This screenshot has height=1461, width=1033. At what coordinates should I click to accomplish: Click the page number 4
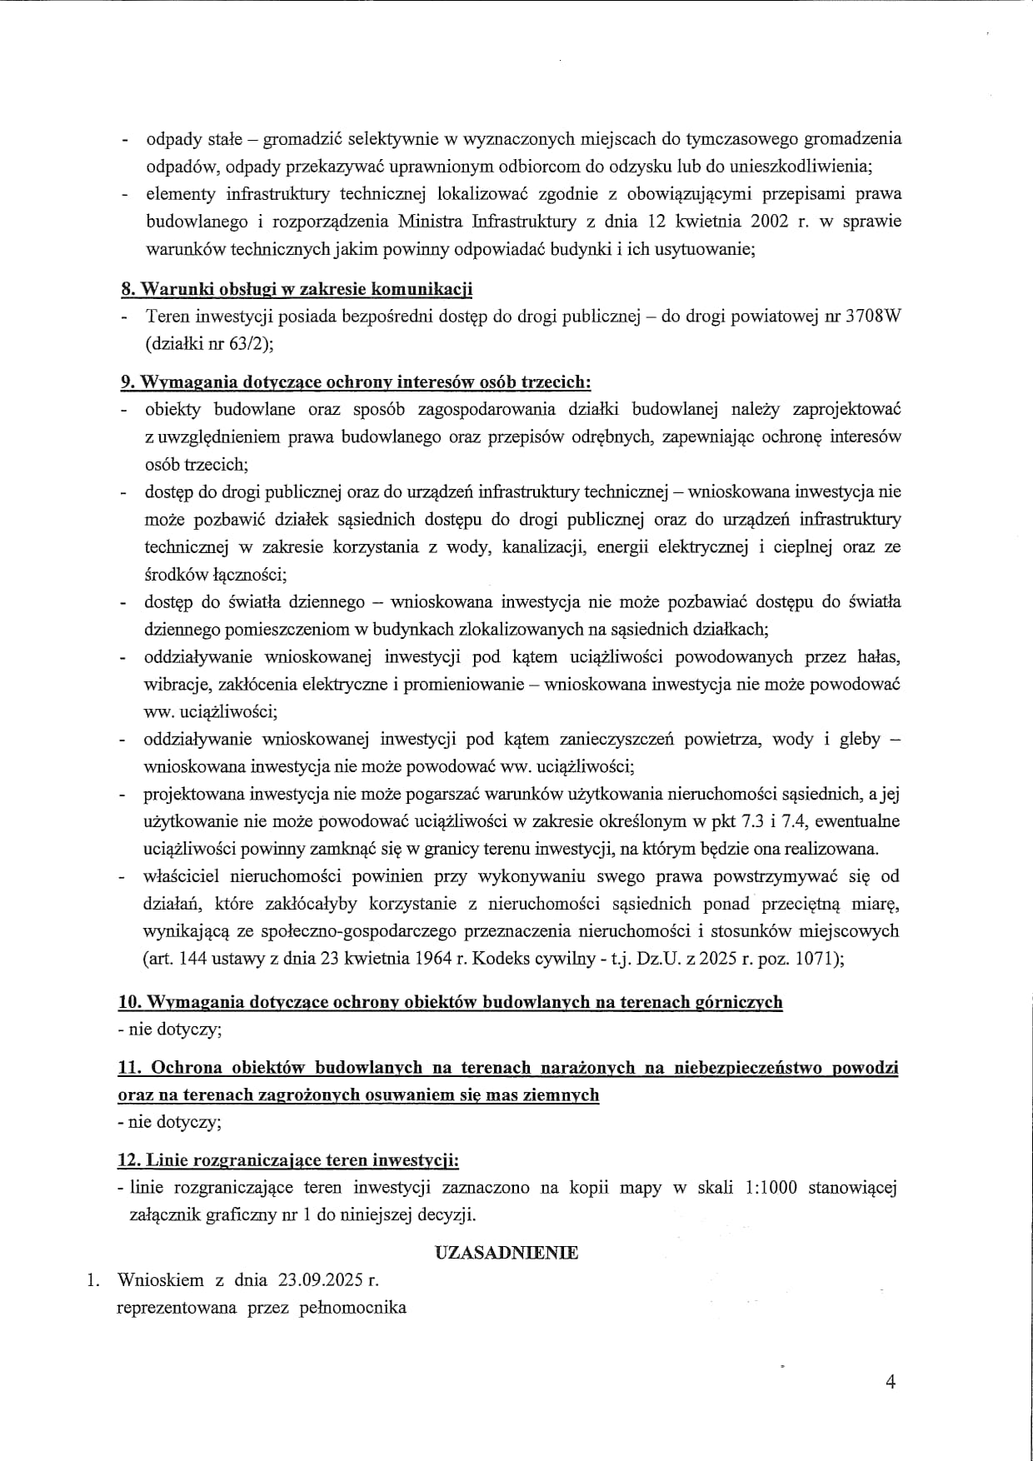(891, 1382)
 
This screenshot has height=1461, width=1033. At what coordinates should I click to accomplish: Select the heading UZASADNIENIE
(507, 1253)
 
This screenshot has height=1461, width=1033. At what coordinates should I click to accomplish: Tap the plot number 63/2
(248, 343)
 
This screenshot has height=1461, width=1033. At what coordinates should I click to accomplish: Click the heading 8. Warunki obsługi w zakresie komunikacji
(297, 289)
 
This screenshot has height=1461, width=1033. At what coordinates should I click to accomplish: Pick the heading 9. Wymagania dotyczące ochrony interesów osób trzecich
(356, 381)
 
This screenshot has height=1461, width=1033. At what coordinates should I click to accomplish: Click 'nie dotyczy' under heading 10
(172, 1029)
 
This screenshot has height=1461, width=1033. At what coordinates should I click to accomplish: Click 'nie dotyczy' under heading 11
(172, 1121)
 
